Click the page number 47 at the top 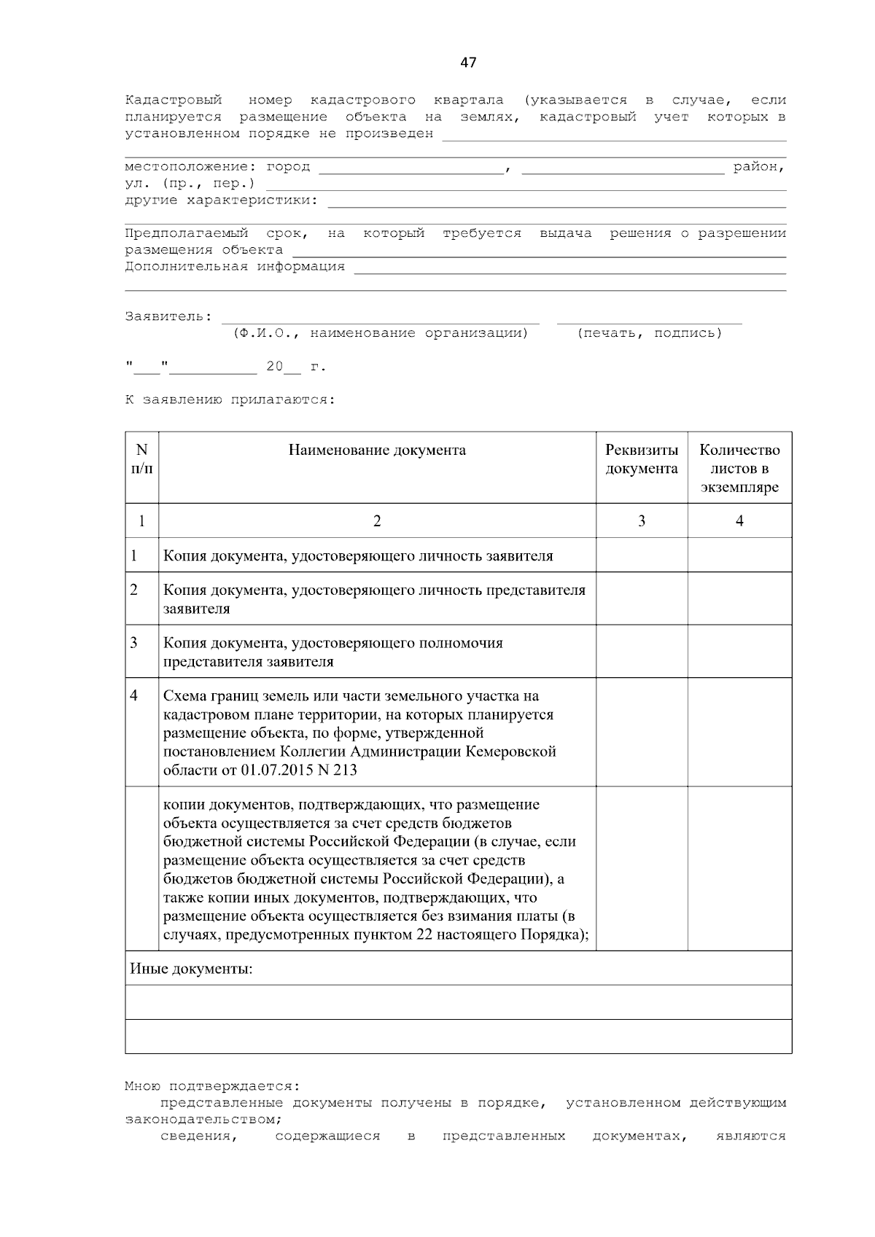tap(468, 63)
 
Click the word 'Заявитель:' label tap(168, 317)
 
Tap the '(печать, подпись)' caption tap(649, 333)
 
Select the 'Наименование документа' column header tap(377, 450)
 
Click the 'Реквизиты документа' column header tap(642, 459)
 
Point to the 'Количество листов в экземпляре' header tap(739, 469)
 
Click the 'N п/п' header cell tap(142, 459)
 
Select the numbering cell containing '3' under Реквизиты tap(642, 520)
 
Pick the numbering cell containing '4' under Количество tap(739, 520)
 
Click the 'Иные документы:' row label tap(192, 969)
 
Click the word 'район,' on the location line tap(759, 167)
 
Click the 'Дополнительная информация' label tap(235, 267)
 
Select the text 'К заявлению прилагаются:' tap(230, 400)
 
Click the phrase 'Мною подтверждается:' tap(211, 1086)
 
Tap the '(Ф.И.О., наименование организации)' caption tap(380, 333)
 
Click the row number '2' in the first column tap(134, 590)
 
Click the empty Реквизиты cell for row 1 tap(642, 555)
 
